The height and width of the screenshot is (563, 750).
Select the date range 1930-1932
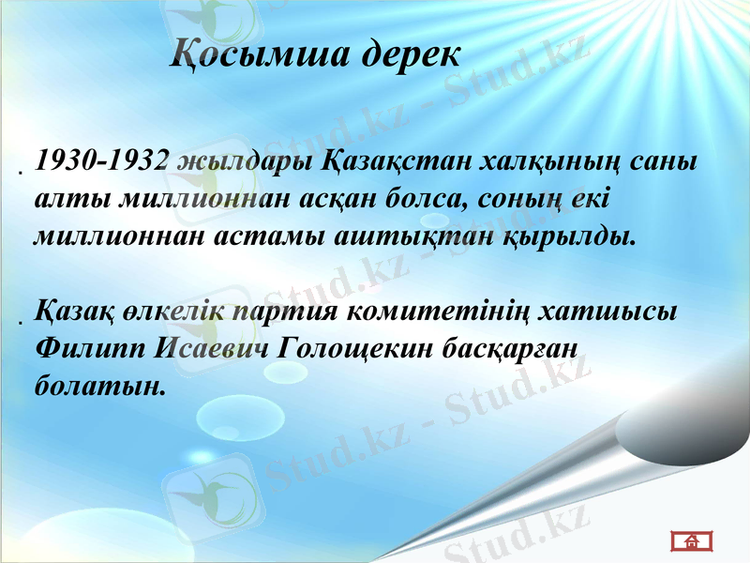tap(100, 161)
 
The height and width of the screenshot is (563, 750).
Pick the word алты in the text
tap(62, 199)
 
